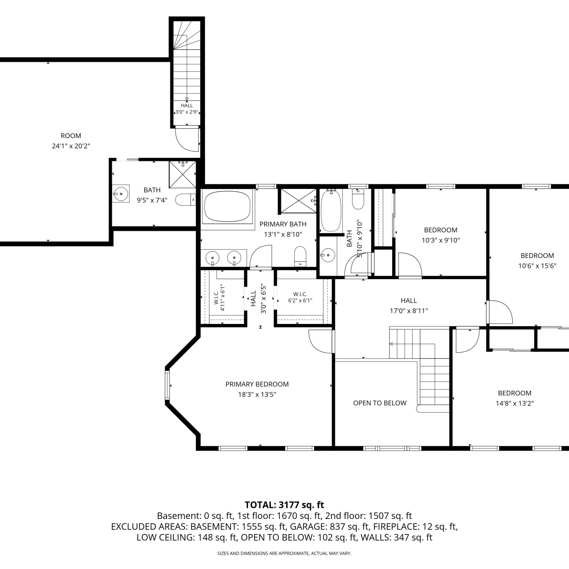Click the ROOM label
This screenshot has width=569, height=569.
tap(71, 136)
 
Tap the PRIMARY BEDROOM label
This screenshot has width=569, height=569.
tap(257, 384)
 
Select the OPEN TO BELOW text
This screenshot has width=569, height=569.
tap(380, 403)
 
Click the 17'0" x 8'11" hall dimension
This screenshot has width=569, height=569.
tap(409, 311)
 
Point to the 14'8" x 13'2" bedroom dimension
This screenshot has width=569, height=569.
tap(515, 403)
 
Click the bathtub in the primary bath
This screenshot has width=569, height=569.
tap(227, 207)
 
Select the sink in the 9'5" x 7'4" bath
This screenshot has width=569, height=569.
tap(121, 194)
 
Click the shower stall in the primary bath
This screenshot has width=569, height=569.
tap(298, 201)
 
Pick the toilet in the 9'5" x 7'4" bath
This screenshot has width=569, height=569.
tap(186, 200)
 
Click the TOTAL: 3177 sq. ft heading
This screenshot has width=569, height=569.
tap(284, 505)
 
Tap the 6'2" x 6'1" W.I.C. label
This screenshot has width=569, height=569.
tap(300, 297)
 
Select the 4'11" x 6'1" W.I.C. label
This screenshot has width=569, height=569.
tap(219, 298)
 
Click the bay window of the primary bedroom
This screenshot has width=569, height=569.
tap(167, 385)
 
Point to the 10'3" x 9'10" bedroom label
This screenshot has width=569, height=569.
tap(441, 235)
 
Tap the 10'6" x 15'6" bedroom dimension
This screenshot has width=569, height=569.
tap(537, 266)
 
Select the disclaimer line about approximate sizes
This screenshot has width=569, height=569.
tap(284, 553)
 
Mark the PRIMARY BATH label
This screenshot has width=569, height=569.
tap(283, 224)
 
